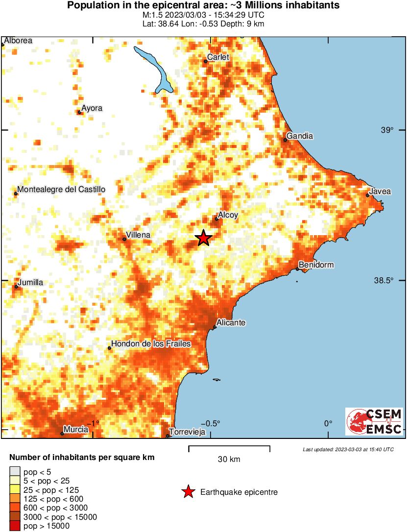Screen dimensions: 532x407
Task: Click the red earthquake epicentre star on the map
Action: point(204,238)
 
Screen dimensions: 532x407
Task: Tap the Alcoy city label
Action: point(228,215)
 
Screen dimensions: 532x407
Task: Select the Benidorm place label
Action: point(316,265)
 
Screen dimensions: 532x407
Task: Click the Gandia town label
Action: point(300,136)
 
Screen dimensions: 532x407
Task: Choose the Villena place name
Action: point(138,235)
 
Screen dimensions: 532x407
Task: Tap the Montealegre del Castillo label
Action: point(61,190)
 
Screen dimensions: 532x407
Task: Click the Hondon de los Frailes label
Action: point(151,344)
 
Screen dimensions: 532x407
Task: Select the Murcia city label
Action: point(76,430)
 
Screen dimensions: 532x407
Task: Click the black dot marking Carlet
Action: point(206,61)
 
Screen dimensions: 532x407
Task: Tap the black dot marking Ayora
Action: point(79,112)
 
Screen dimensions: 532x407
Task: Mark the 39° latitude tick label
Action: point(387,130)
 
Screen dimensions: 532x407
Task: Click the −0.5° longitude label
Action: point(211,423)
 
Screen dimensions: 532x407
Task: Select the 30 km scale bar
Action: point(229,447)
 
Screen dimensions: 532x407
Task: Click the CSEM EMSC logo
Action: point(374,421)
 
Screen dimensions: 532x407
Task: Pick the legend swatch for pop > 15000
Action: point(15,526)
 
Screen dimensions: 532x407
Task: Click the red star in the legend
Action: point(188,492)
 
